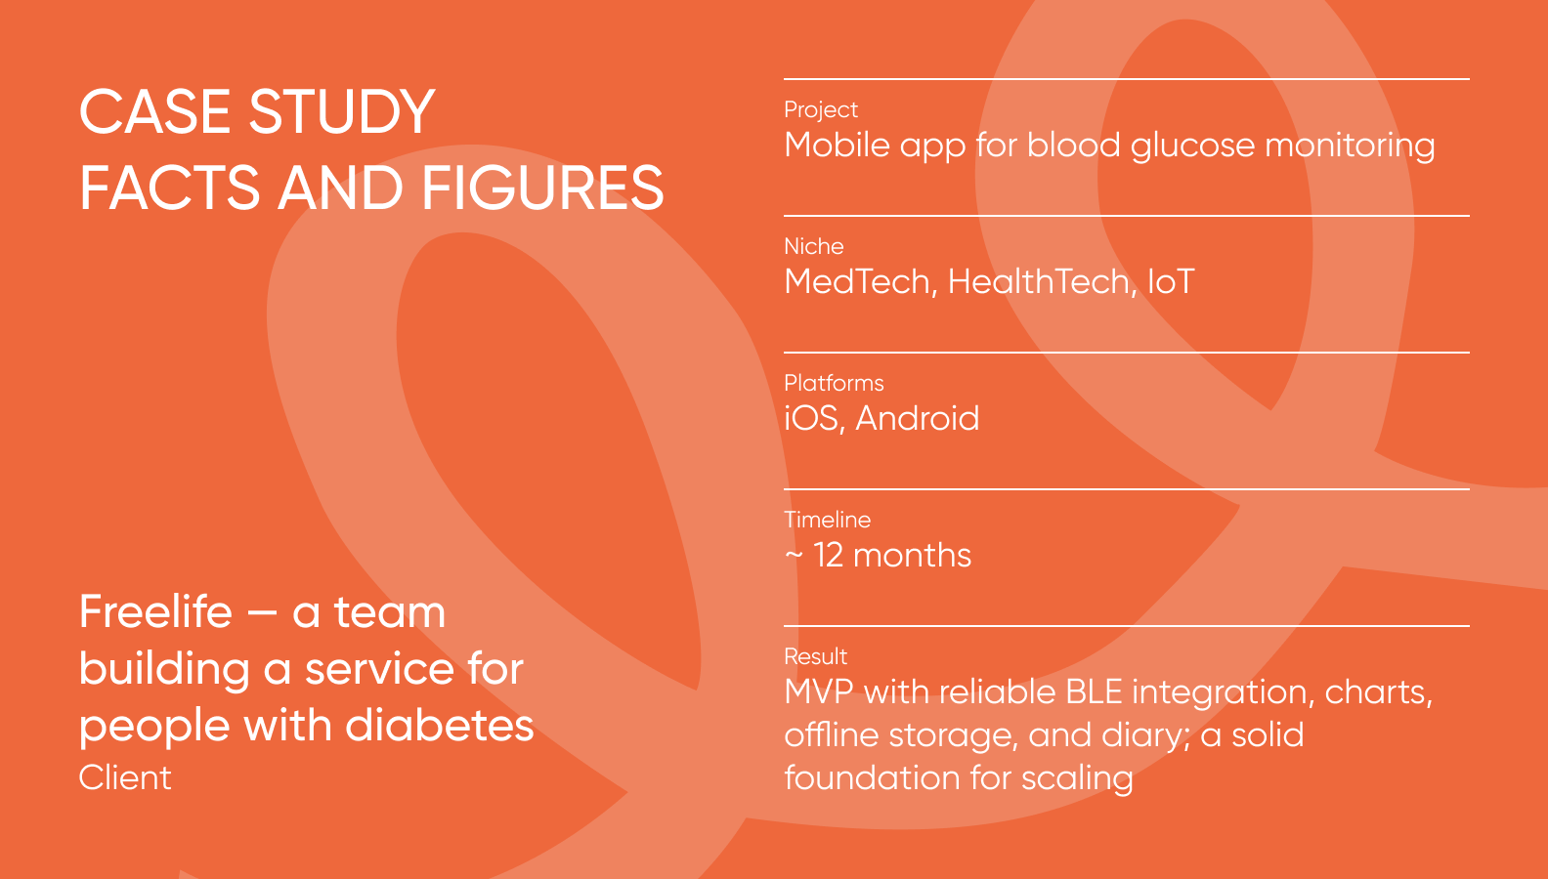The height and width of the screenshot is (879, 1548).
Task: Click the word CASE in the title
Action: click(x=155, y=112)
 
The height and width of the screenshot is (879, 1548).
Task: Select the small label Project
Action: click(x=821, y=109)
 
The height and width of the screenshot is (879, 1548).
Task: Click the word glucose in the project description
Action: click(x=1192, y=146)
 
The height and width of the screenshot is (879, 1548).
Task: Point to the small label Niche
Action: click(x=813, y=246)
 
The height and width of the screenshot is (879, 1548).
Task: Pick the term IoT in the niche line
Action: click(x=1170, y=282)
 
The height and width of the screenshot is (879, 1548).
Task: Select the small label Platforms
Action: click(x=834, y=383)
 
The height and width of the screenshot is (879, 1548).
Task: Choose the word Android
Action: click(x=917, y=419)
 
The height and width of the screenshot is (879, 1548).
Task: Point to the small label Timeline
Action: click(x=827, y=520)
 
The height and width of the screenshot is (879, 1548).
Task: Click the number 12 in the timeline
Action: click(x=828, y=556)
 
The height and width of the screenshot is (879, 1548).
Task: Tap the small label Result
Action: click(x=815, y=656)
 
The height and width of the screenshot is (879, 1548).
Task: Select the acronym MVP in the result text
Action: click(x=819, y=692)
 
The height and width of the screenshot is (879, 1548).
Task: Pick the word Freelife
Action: click(x=155, y=612)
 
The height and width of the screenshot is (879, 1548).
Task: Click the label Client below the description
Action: click(x=125, y=777)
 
